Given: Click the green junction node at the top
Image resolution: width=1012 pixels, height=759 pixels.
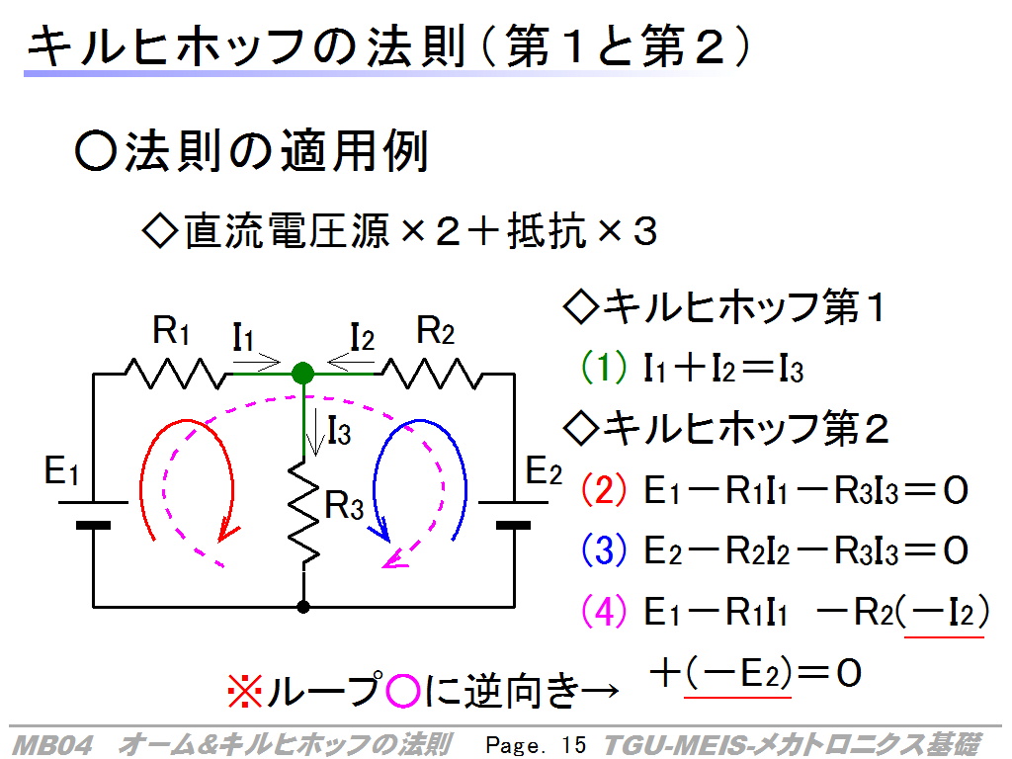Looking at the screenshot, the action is click(302, 373).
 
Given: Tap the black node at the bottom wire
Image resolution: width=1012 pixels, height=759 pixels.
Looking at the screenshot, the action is click(302, 607).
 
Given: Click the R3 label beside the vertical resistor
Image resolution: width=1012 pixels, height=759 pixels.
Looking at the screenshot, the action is click(344, 505).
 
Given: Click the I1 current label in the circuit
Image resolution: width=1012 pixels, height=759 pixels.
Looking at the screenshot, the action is click(243, 338).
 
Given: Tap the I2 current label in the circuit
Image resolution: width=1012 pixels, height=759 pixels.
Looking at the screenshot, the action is click(362, 338).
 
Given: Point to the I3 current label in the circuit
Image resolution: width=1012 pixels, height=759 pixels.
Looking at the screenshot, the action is click(339, 431).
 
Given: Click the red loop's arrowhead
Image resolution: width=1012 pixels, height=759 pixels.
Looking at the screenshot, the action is click(227, 530).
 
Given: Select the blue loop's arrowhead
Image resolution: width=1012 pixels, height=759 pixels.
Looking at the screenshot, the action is click(380, 530).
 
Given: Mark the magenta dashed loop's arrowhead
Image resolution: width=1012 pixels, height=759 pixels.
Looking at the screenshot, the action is click(395, 559).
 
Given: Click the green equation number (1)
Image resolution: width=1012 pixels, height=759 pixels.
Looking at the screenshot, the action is click(604, 368).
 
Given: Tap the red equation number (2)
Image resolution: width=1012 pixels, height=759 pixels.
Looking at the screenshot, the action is click(604, 489).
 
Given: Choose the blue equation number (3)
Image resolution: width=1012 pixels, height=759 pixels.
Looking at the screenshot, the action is click(604, 549).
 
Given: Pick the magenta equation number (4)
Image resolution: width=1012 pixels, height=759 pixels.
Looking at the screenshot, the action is click(604, 611).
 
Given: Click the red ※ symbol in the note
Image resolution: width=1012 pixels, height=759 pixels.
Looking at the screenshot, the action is click(245, 691).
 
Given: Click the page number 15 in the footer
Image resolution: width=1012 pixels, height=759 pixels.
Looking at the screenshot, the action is click(573, 745).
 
